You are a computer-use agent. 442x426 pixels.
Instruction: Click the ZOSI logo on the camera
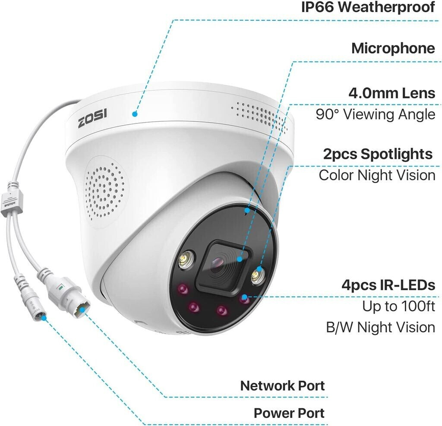pos(92,118)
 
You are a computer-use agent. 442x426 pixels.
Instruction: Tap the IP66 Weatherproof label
pos(368,6)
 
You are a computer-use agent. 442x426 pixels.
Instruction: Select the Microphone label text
pos(393,48)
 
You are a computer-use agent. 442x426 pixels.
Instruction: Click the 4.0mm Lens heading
pos(392,93)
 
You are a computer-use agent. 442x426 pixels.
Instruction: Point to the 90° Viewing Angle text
pos(376,114)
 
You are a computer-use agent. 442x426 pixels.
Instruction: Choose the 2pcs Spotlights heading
pos(378,154)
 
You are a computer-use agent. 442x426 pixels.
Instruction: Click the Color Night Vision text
pos(377,175)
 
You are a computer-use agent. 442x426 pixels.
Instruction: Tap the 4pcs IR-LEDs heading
pos(388,285)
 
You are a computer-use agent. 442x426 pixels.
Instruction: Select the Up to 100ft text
pos(398,306)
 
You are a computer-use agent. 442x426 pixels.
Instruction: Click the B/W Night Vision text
pos(381,327)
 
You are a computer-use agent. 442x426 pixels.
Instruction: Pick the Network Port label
pos(282,385)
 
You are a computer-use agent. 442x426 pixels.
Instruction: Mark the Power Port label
pos(289,413)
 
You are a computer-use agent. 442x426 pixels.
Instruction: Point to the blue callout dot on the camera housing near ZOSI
pos(135,114)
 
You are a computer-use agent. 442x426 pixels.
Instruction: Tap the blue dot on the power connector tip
pos(43,318)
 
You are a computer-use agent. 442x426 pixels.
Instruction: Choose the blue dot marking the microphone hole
pos(247,210)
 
